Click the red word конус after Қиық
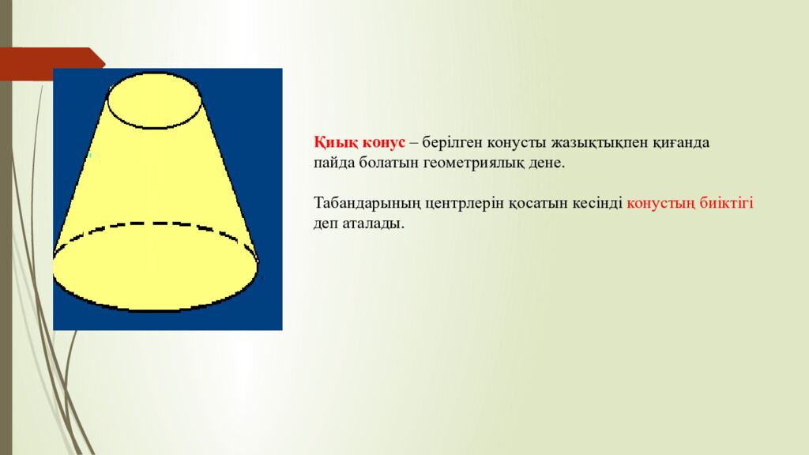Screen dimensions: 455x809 coord(384,143)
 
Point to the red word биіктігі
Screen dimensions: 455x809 coord(727,204)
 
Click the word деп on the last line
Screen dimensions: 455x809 coord(325,224)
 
